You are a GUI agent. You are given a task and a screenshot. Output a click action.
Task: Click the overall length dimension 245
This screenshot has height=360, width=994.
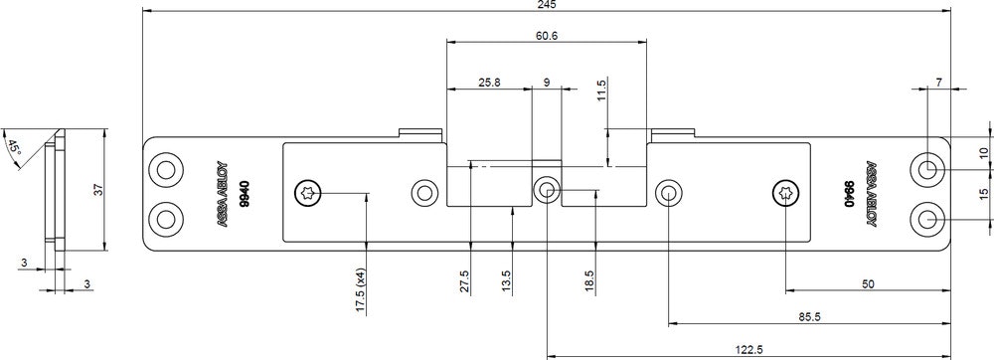pyautogui.click(x=547, y=4)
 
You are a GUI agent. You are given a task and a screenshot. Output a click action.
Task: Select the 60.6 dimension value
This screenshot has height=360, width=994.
pyautogui.click(x=546, y=36)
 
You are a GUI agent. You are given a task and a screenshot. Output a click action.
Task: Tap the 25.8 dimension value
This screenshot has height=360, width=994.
pyautogui.click(x=489, y=83)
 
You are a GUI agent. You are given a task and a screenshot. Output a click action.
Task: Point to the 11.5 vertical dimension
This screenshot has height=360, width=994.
pyautogui.click(x=602, y=90)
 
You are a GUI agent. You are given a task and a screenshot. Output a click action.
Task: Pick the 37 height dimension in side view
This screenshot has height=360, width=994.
pyautogui.click(x=98, y=190)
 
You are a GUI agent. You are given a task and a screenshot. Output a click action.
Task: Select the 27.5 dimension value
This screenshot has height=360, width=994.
pyautogui.click(x=464, y=281)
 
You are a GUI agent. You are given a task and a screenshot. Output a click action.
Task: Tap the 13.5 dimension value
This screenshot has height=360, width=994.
pyautogui.click(x=506, y=281)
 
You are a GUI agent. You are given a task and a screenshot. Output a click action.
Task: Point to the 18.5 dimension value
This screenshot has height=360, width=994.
pyautogui.click(x=588, y=281)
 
